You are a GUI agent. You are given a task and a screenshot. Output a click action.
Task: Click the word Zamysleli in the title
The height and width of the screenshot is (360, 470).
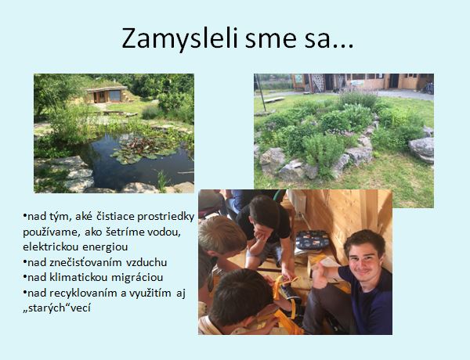click(x=180, y=39)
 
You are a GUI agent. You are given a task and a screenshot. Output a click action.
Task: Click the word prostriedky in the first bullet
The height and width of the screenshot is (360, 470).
click(x=166, y=217)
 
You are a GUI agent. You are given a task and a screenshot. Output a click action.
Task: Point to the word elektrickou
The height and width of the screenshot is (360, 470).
click(x=50, y=247)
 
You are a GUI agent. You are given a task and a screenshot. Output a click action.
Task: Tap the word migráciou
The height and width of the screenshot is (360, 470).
click(x=137, y=278)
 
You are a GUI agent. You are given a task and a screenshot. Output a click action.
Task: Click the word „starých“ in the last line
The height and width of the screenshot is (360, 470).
click(x=46, y=308)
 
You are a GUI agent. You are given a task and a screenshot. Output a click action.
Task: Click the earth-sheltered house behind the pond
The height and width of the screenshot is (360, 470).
click(x=107, y=93)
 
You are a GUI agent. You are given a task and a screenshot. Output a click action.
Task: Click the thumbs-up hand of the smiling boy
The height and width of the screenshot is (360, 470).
click(x=320, y=273)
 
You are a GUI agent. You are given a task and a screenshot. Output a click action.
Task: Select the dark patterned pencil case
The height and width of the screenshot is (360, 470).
click(x=313, y=240)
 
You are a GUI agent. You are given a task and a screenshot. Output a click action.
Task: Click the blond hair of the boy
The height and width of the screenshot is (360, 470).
click(x=221, y=235)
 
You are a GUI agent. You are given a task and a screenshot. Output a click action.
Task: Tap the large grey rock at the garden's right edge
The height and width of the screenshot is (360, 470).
click(x=421, y=149)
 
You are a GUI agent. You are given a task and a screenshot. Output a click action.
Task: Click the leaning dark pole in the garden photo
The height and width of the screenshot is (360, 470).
click(x=260, y=89)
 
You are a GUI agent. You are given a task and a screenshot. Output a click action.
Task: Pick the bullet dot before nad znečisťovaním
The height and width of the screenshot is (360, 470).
click(x=24, y=263)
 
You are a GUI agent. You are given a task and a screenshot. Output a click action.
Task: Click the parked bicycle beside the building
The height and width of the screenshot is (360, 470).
click(x=429, y=88)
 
